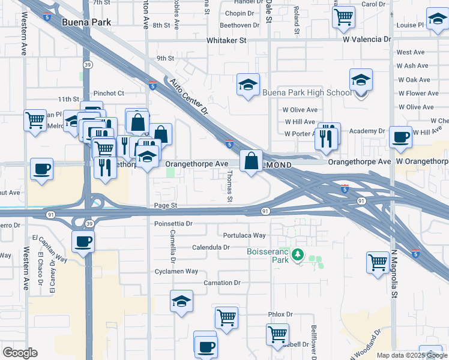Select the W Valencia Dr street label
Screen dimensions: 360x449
pyautogui.click(x=360, y=40)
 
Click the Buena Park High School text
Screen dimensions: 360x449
pyautogui.click(x=307, y=93)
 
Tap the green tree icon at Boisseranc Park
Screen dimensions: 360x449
pyautogui.click(x=297, y=256)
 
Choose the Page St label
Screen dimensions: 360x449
pyautogui.click(x=166, y=205)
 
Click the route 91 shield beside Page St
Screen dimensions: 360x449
pyautogui.click(x=265, y=211)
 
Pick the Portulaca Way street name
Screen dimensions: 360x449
pyautogui.click(x=244, y=236)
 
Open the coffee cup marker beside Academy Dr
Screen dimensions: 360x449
pyautogui.click(x=400, y=137)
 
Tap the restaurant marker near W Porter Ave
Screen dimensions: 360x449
pyautogui.click(x=326, y=137)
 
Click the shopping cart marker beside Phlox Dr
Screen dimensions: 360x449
pyautogui.click(x=226, y=317)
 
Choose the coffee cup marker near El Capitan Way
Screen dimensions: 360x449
pyautogui.click(x=83, y=242)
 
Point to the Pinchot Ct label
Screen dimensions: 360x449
pyautogui.click(x=109, y=93)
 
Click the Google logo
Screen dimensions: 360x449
pyautogui.click(x=20, y=353)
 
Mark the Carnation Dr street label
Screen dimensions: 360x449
pyautogui.click(x=222, y=283)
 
